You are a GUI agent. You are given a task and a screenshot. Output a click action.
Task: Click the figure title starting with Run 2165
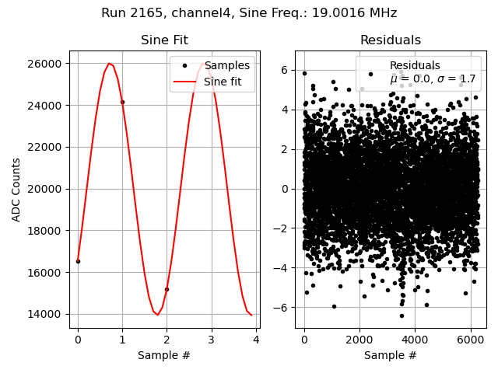pos(249,13)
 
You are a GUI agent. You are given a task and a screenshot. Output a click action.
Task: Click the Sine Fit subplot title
pos(164,40)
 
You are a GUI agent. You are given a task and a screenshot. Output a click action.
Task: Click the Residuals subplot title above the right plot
pos(390,40)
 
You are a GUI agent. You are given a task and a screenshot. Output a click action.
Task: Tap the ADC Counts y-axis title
pos(16,190)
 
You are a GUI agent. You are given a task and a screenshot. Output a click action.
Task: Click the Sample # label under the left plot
pos(164,355)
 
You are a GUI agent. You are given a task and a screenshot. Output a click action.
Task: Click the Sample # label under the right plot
pos(390,355)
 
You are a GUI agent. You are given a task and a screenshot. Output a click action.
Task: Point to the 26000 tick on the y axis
pos(47,64)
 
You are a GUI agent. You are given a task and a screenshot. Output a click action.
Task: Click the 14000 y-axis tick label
pos(47,314)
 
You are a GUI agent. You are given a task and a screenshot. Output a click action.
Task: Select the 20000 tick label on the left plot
pos(47,189)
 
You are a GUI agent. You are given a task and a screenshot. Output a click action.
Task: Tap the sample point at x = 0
pos(78,261)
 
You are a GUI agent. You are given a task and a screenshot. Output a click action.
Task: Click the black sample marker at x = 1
pos(122,102)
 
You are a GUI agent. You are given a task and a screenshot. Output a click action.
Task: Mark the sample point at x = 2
pos(167,289)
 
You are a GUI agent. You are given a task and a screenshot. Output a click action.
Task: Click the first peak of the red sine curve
pos(109,64)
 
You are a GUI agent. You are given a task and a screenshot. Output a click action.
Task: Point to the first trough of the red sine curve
pos(157,315)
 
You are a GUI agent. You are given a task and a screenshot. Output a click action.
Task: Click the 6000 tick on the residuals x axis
pos(470,339)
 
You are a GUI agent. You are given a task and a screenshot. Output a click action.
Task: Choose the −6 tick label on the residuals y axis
pos(284,308)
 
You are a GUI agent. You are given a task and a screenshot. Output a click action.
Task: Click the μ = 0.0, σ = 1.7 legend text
pos(433,78)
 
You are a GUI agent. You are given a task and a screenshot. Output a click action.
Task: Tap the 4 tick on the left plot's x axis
pos(256,339)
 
